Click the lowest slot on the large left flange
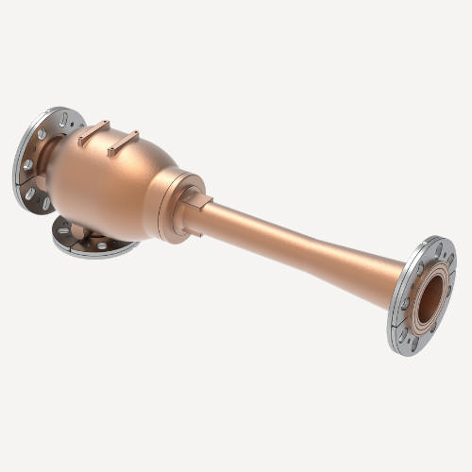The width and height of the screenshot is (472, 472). point(45,202)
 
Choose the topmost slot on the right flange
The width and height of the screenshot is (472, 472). point(437,249)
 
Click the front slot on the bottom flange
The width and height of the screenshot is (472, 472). point(100,248)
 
